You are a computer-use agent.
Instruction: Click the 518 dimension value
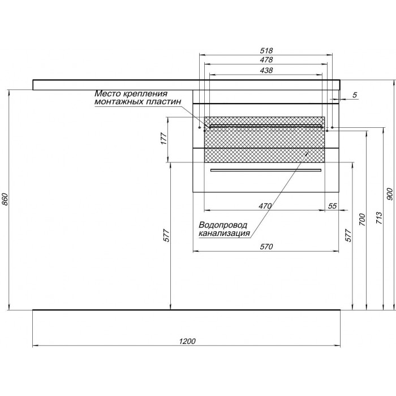pyautogui.click(x=266, y=50)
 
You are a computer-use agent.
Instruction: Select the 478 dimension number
pyautogui.click(x=266, y=60)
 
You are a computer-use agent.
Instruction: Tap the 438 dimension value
pyautogui.click(x=266, y=70)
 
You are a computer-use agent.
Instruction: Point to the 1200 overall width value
pyautogui.click(x=187, y=341)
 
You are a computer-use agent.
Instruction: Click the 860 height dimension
pyautogui.click(x=6, y=200)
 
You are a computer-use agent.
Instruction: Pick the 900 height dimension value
pyautogui.click(x=390, y=194)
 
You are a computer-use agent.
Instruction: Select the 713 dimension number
pyautogui.click(x=379, y=219)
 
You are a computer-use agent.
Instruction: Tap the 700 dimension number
pyautogui.click(x=362, y=219)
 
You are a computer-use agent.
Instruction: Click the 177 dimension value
pyautogui.click(x=164, y=139)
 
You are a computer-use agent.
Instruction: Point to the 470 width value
pyautogui.click(x=265, y=206)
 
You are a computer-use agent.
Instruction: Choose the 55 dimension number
pyautogui.click(x=333, y=206)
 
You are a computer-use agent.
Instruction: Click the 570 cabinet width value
pyautogui.click(x=266, y=247)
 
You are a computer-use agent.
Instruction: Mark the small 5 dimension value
pyautogui.click(x=355, y=95)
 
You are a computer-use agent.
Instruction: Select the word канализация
pyautogui.click(x=224, y=233)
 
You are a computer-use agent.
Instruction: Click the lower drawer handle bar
pyautogui.click(x=266, y=170)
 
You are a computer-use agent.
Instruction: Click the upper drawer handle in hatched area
pyautogui.click(x=266, y=126)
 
